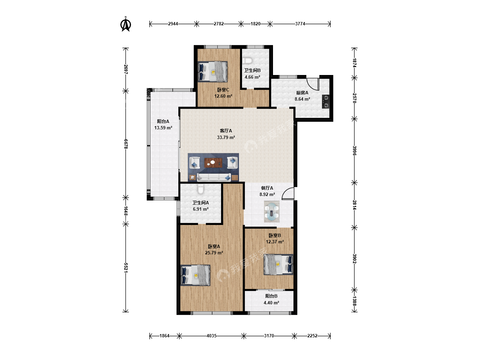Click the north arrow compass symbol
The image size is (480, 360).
click(x=126, y=24)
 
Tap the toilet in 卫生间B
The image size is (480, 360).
click(x=247, y=60)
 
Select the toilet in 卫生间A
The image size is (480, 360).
click(x=201, y=189)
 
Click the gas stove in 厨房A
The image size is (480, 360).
click(x=326, y=102)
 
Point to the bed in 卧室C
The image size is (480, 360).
click(x=213, y=71)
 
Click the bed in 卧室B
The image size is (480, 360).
click(x=278, y=264)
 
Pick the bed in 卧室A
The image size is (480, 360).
click(x=195, y=275)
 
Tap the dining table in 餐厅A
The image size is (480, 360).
click(x=272, y=212)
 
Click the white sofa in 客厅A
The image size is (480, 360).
click(x=214, y=177)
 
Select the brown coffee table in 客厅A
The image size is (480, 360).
click(x=213, y=163)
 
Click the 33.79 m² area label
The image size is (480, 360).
click(x=226, y=137)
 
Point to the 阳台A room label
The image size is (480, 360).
click(x=163, y=121)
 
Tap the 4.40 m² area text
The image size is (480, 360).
click(x=271, y=303)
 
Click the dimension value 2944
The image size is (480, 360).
click(x=173, y=24)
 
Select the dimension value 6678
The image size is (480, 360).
click(x=126, y=144)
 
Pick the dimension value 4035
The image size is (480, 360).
click(x=211, y=336)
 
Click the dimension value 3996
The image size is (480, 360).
click(x=354, y=151)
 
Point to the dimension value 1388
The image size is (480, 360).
click(x=354, y=301)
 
